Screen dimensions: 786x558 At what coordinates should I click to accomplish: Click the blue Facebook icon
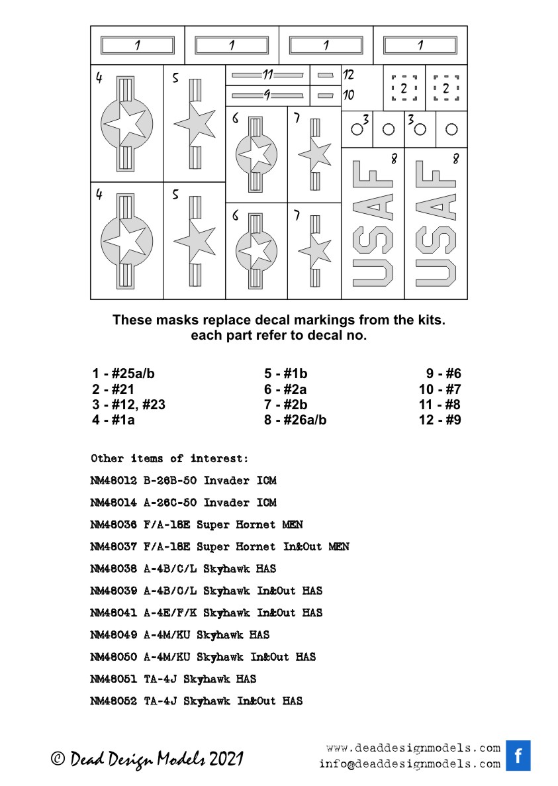[518, 756]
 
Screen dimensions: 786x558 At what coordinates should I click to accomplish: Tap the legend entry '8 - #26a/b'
[295, 420]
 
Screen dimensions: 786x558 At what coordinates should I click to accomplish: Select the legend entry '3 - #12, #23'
[128, 405]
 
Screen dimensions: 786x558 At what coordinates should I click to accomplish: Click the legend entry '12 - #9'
[440, 420]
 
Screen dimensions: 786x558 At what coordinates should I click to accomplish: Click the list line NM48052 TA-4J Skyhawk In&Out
[196, 701]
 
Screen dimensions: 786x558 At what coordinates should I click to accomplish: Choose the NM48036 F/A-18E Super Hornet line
[196, 524]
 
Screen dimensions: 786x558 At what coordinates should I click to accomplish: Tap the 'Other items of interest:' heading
[169, 458]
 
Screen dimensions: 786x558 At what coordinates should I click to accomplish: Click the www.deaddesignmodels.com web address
[413, 748]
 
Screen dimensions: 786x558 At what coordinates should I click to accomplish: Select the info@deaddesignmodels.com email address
[409, 763]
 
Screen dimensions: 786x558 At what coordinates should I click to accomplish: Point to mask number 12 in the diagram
[348, 75]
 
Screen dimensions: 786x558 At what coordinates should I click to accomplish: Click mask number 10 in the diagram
[348, 95]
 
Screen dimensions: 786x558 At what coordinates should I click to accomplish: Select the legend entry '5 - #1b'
[286, 373]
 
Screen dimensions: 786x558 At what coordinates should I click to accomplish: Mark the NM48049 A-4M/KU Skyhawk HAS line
[179, 634]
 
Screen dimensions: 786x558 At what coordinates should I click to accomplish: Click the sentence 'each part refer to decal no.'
[279, 335]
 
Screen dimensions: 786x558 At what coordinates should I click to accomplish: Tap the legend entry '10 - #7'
[440, 389]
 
